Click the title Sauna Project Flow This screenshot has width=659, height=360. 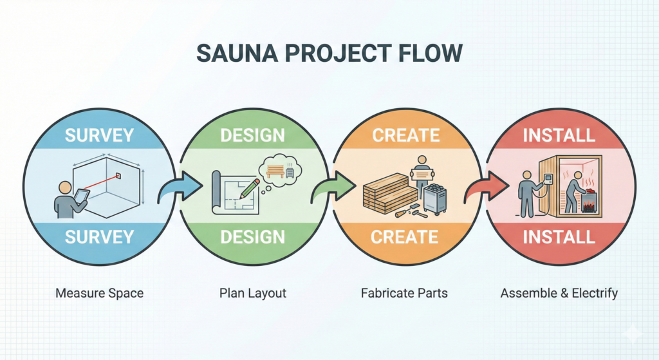(x=329, y=53)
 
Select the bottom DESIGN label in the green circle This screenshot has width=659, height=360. (x=252, y=236)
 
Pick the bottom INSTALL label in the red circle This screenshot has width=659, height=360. (x=558, y=236)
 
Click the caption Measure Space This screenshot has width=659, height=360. (x=99, y=293)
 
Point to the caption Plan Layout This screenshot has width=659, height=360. (x=252, y=293)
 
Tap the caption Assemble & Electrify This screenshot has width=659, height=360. (x=559, y=293)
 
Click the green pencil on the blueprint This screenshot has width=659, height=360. (x=250, y=187)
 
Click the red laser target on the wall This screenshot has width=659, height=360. (x=119, y=176)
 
